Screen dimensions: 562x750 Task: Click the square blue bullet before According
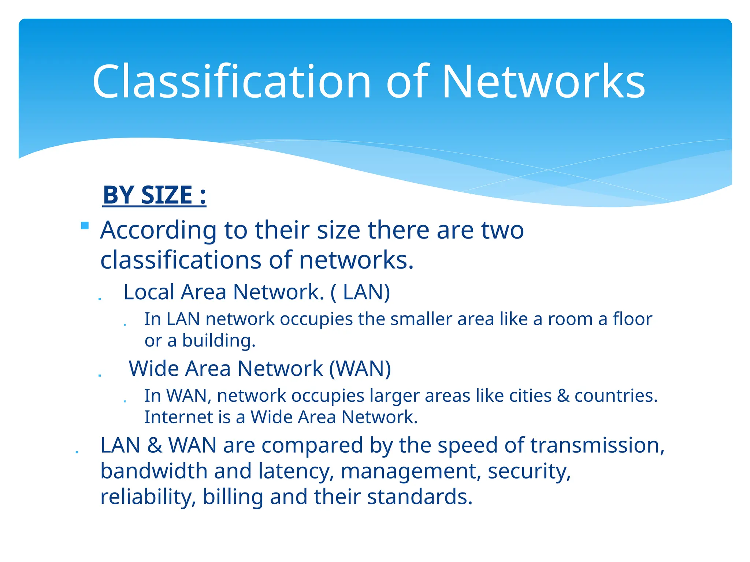85,225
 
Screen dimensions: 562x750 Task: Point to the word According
158,231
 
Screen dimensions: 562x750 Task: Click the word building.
219,341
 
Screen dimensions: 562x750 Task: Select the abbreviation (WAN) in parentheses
360,368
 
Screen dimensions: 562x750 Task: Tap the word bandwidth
154,471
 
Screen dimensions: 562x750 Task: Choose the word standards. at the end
420,497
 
